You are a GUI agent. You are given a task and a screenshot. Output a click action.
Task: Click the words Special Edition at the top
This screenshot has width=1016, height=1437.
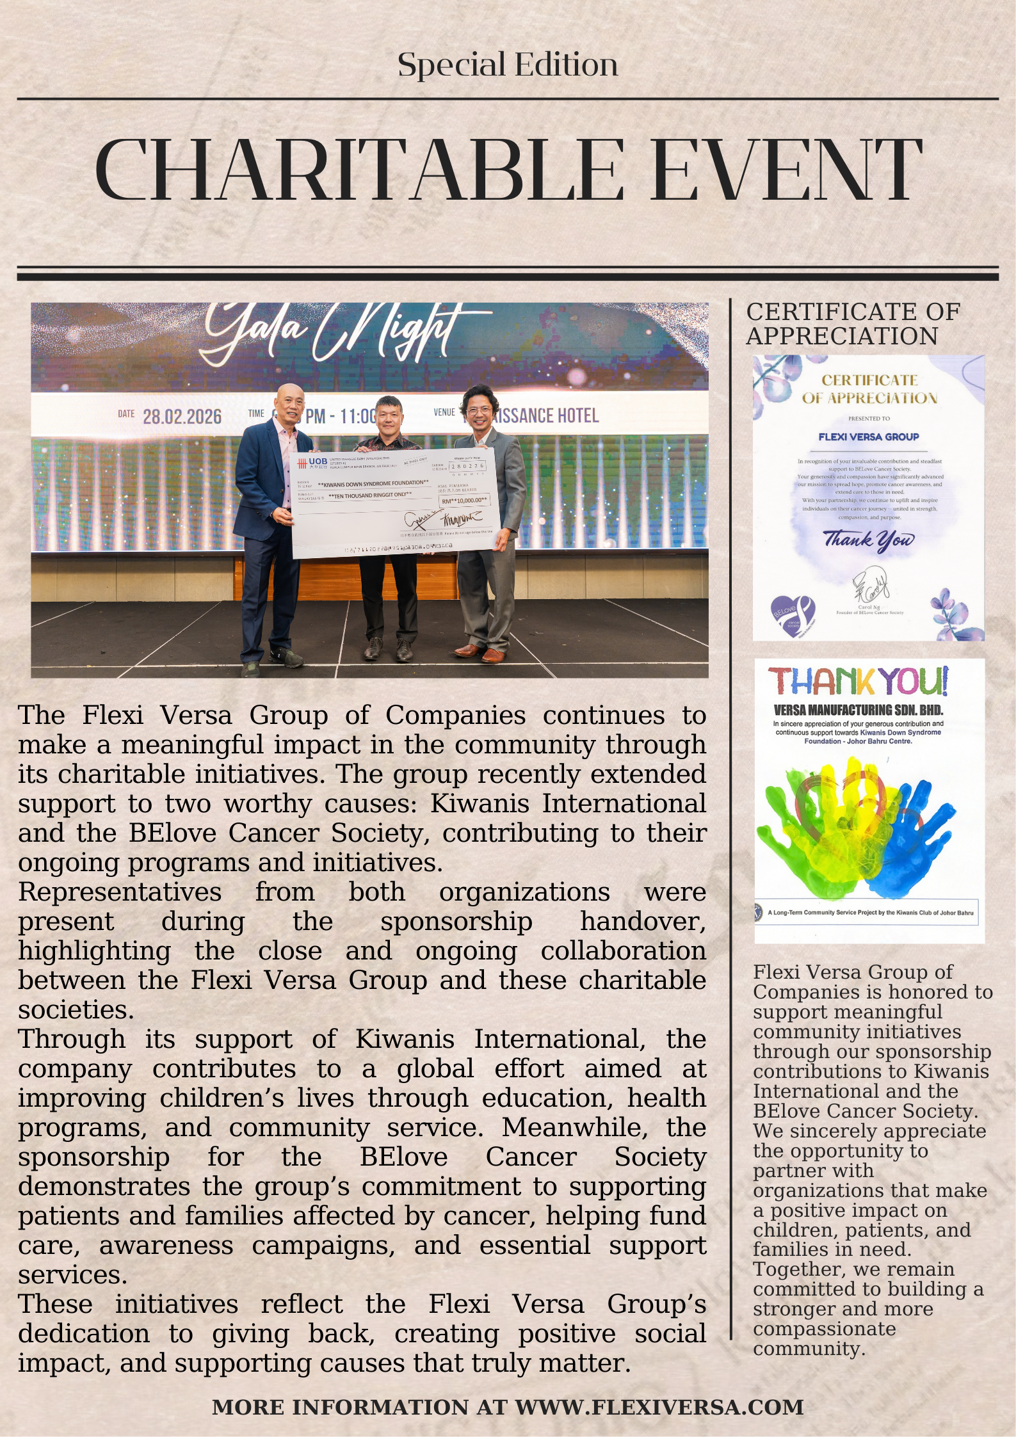click(x=508, y=65)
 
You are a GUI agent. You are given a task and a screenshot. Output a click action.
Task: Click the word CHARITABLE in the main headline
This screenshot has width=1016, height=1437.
click(x=359, y=170)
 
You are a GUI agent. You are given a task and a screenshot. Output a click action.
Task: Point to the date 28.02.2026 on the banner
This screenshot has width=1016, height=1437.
click(x=182, y=417)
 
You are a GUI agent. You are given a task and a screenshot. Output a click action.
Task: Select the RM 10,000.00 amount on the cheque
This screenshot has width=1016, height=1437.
click(x=464, y=500)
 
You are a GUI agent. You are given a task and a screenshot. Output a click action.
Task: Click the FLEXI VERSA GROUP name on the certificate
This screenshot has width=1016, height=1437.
click(x=868, y=437)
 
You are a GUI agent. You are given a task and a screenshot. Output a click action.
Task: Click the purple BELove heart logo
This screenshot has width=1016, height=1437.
click(x=793, y=615)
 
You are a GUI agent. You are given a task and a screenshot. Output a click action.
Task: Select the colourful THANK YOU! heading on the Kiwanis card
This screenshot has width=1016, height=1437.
click(x=858, y=681)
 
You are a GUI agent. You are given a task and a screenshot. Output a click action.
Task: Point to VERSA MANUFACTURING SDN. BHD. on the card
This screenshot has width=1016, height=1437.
click(x=858, y=710)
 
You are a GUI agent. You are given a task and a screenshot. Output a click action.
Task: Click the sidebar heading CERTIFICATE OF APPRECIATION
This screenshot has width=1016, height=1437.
click(x=853, y=324)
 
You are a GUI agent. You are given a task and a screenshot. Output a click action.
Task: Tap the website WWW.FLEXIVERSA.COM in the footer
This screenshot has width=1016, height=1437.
click(x=659, y=1407)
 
